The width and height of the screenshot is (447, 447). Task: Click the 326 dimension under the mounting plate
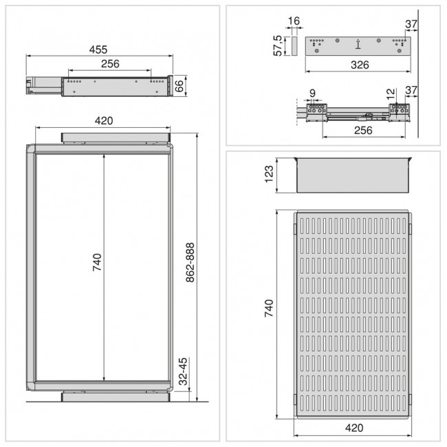click(356, 65)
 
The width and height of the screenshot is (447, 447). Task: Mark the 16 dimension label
click(294, 21)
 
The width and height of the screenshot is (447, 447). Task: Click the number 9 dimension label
click(312, 92)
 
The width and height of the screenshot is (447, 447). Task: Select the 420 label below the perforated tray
click(352, 428)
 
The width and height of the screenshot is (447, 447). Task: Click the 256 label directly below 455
click(110, 64)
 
